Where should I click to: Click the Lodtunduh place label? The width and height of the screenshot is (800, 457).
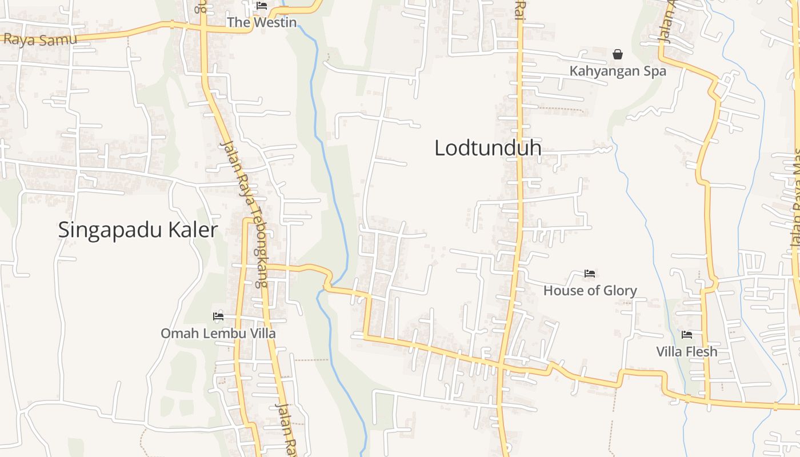487,148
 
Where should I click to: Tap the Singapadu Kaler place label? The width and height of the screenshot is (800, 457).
138,230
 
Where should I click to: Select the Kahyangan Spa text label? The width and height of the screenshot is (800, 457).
618,71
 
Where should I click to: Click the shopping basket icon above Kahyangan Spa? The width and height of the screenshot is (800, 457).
618,55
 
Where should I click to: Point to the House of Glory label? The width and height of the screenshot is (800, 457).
590,290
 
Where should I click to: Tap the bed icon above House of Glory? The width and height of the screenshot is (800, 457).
590,274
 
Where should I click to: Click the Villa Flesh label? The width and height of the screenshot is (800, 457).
686,351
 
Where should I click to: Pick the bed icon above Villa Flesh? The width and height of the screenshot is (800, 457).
686,334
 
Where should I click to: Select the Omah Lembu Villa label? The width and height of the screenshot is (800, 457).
218,333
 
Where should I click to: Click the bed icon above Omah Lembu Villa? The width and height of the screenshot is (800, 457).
218,316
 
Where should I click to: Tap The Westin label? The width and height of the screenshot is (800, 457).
262,22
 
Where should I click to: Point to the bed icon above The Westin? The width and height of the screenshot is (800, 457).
262,6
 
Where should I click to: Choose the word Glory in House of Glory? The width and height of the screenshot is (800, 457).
619,290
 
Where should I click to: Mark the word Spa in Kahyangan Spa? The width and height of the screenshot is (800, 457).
654,71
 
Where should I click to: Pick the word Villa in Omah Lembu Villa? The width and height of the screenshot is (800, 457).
259,333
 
